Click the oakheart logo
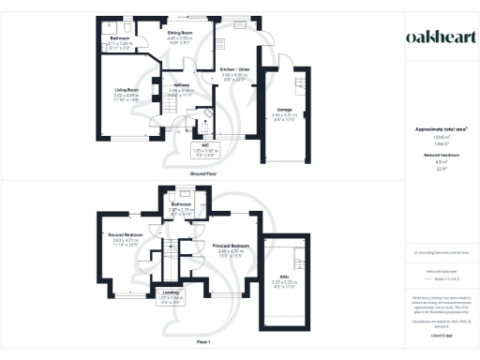click(x=434, y=37)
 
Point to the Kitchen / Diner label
click(x=234, y=69)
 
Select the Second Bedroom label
click(x=124, y=234)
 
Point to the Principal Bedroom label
click(x=231, y=246)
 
